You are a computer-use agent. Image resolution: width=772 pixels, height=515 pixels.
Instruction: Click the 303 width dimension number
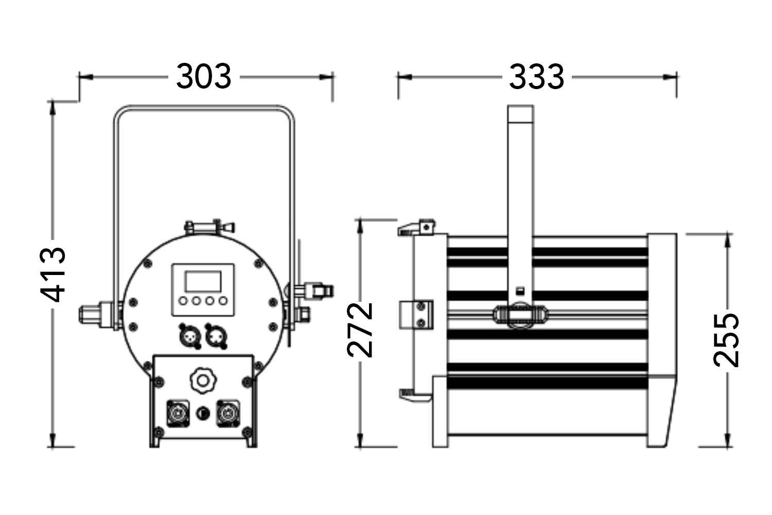204,77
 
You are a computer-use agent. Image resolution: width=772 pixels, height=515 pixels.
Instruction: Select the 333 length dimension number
537,77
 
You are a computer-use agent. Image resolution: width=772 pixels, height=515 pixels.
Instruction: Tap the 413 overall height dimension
54,274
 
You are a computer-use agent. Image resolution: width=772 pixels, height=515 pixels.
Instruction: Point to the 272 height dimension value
360,330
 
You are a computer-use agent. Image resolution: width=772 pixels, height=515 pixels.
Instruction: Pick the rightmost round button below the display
222,301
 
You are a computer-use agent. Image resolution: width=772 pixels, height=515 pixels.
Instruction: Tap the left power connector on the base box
178,413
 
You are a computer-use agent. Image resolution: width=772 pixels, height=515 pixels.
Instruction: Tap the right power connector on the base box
229,413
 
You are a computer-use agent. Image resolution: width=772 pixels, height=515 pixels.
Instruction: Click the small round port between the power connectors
203,412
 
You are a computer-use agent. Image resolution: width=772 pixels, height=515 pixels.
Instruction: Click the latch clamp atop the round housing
209,227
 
